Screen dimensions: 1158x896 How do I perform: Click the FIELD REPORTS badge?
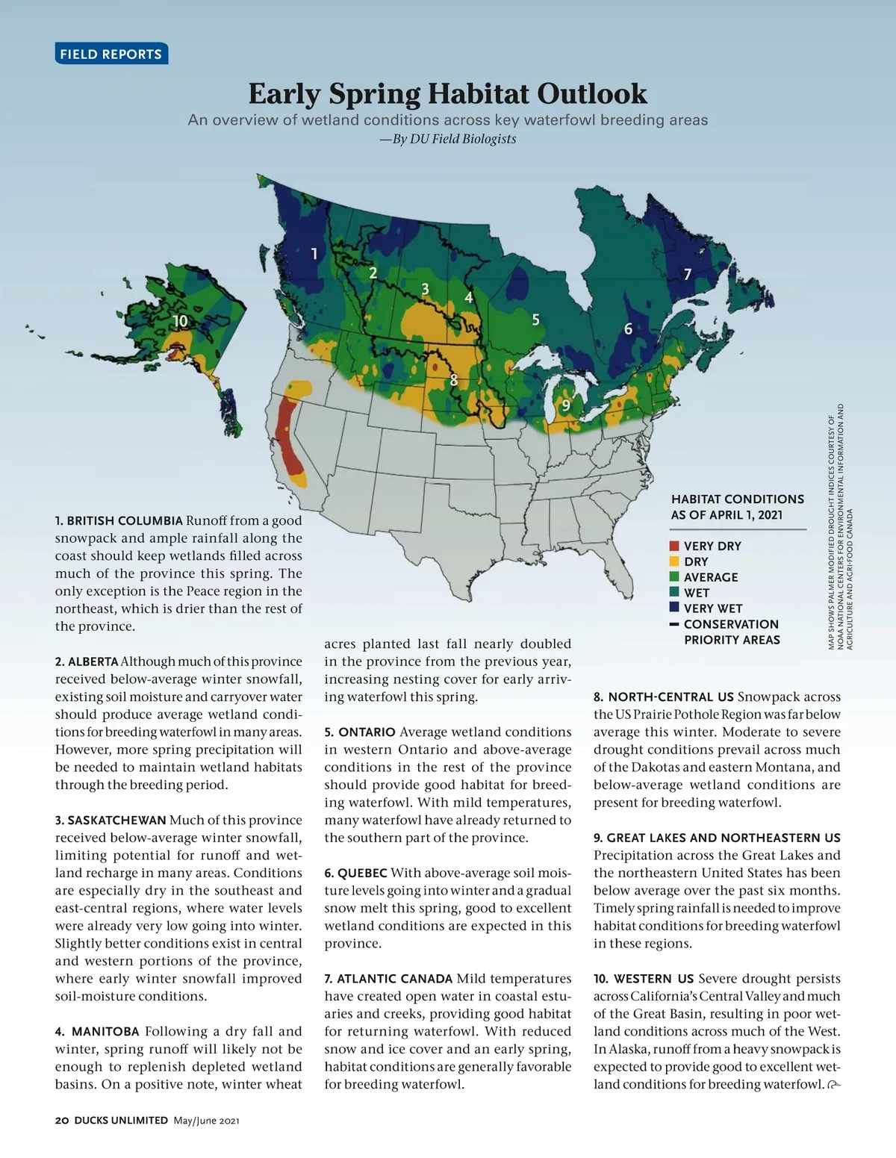pos(111,54)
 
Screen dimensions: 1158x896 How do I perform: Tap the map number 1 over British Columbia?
pos(314,254)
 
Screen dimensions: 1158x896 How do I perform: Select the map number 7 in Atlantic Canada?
pos(688,275)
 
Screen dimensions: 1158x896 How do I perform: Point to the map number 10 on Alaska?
pos(180,321)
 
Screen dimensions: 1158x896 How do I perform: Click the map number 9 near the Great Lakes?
pos(566,405)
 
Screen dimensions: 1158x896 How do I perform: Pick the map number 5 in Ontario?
pos(535,320)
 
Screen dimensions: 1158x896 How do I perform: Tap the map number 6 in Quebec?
pos(628,329)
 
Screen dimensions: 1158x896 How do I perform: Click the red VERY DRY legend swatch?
pos(674,546)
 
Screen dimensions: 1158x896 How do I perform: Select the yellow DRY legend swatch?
pos(674,561)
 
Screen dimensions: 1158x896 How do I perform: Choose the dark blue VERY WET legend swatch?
pos(674,608)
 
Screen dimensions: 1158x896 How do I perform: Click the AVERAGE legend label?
pos(710,577)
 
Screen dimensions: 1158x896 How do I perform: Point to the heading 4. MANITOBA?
pos(97,1031)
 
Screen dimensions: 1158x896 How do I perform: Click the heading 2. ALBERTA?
pos(87,662)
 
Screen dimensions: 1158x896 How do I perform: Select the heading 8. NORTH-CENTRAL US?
pos(663,697)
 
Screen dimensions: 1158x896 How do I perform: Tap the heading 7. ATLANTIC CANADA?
pos(388,978)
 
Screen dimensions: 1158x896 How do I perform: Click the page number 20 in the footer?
pos(62,1120)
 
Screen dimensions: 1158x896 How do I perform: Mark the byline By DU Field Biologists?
pos(448,139)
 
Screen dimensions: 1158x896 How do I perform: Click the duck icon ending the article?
pos(834,1085)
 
